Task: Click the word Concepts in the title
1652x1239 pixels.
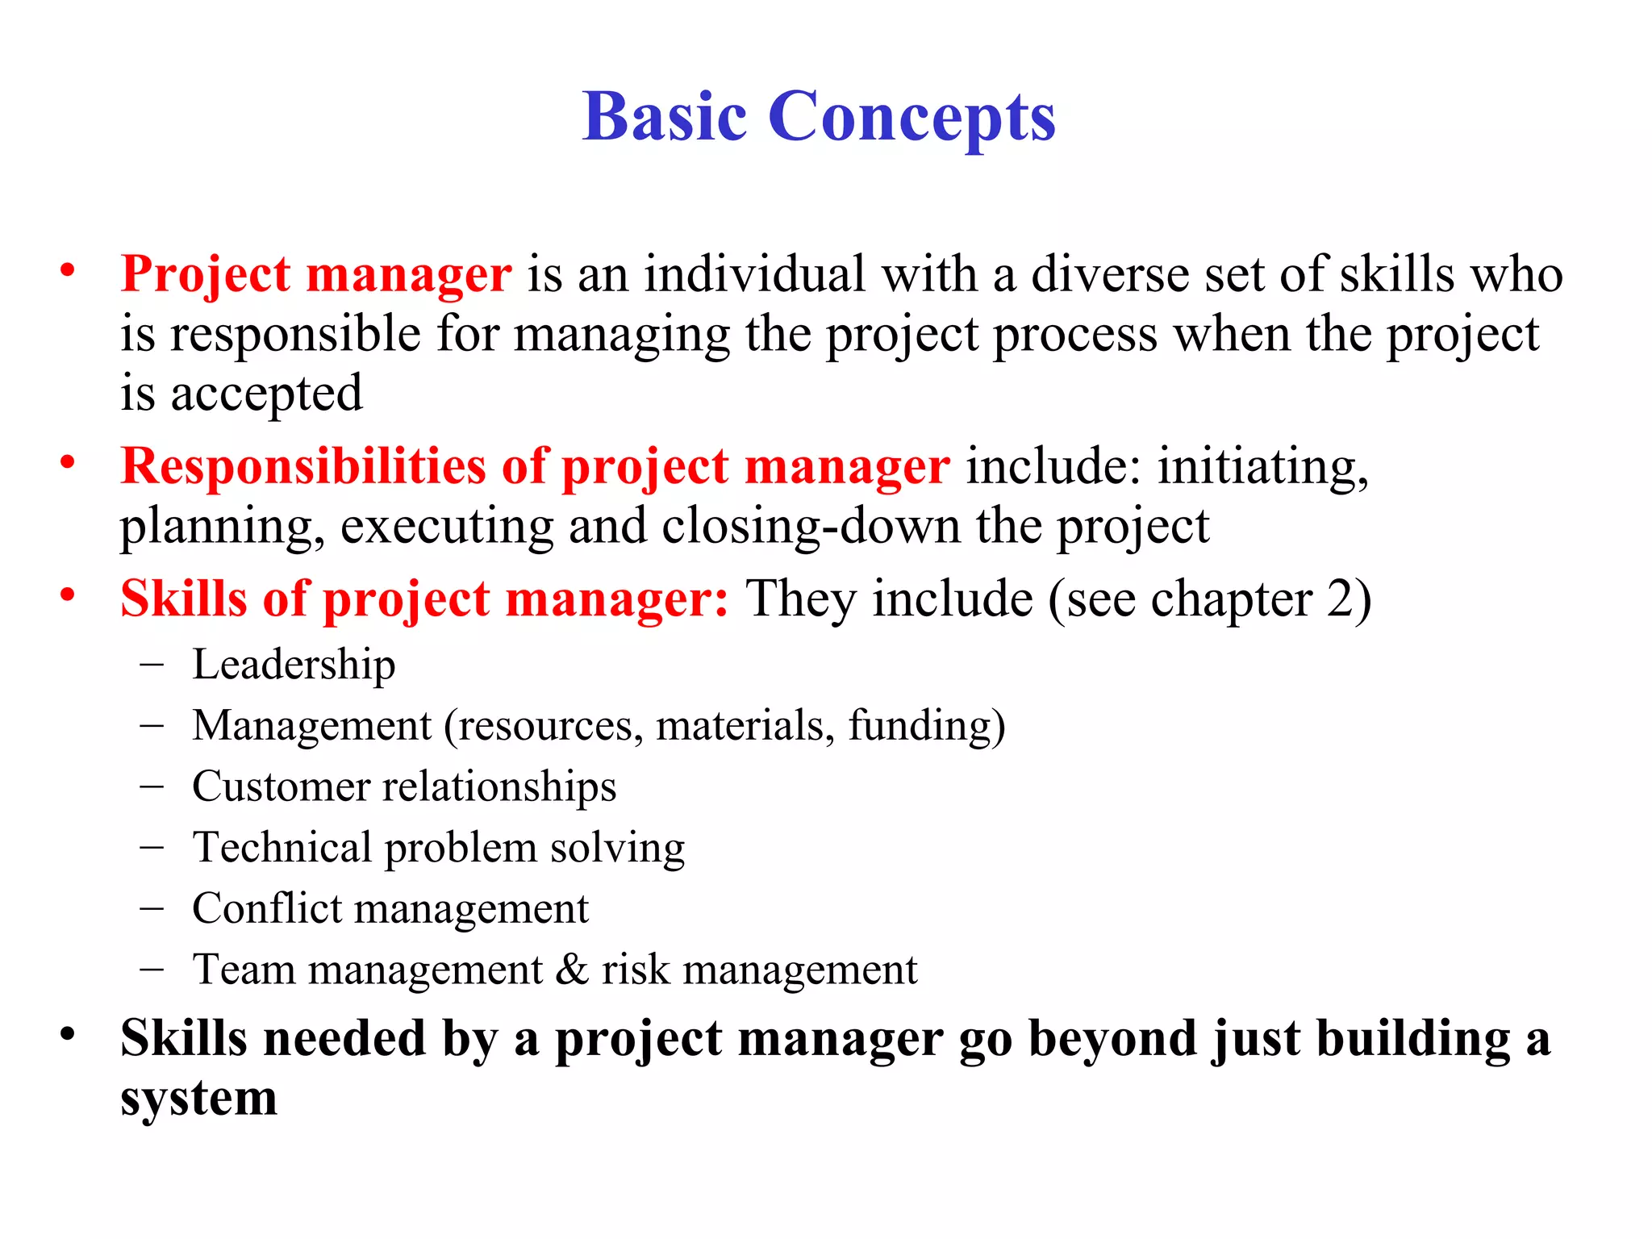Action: click(x=912, y=118)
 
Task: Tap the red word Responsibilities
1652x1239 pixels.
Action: click(x=302, y=466)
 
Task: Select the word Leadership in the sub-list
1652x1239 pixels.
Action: click(x=294, y=665)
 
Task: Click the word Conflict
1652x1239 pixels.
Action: click(x=267, y=908)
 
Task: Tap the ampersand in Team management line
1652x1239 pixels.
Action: click(x=571, y=970)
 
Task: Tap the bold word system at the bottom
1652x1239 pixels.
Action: click(x=198, y=1099)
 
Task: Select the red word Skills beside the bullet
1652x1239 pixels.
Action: click(x=183, y=599)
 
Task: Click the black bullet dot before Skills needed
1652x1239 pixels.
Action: click(x=68, y=1033)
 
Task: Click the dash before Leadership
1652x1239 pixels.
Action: click(x=151, y=665)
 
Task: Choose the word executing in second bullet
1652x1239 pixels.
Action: click(x=446, y=526)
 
